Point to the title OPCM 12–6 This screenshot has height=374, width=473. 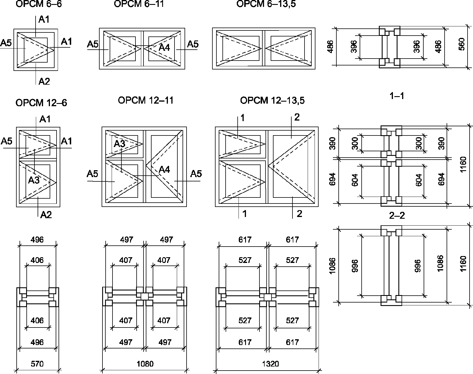point(41,102)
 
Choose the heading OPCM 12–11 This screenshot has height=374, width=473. point(146,100)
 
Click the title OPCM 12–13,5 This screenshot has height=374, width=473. point(272,100)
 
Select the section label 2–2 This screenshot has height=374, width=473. point(397,215)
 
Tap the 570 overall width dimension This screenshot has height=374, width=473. point(37,364)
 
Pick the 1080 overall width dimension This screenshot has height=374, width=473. point(145,364)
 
